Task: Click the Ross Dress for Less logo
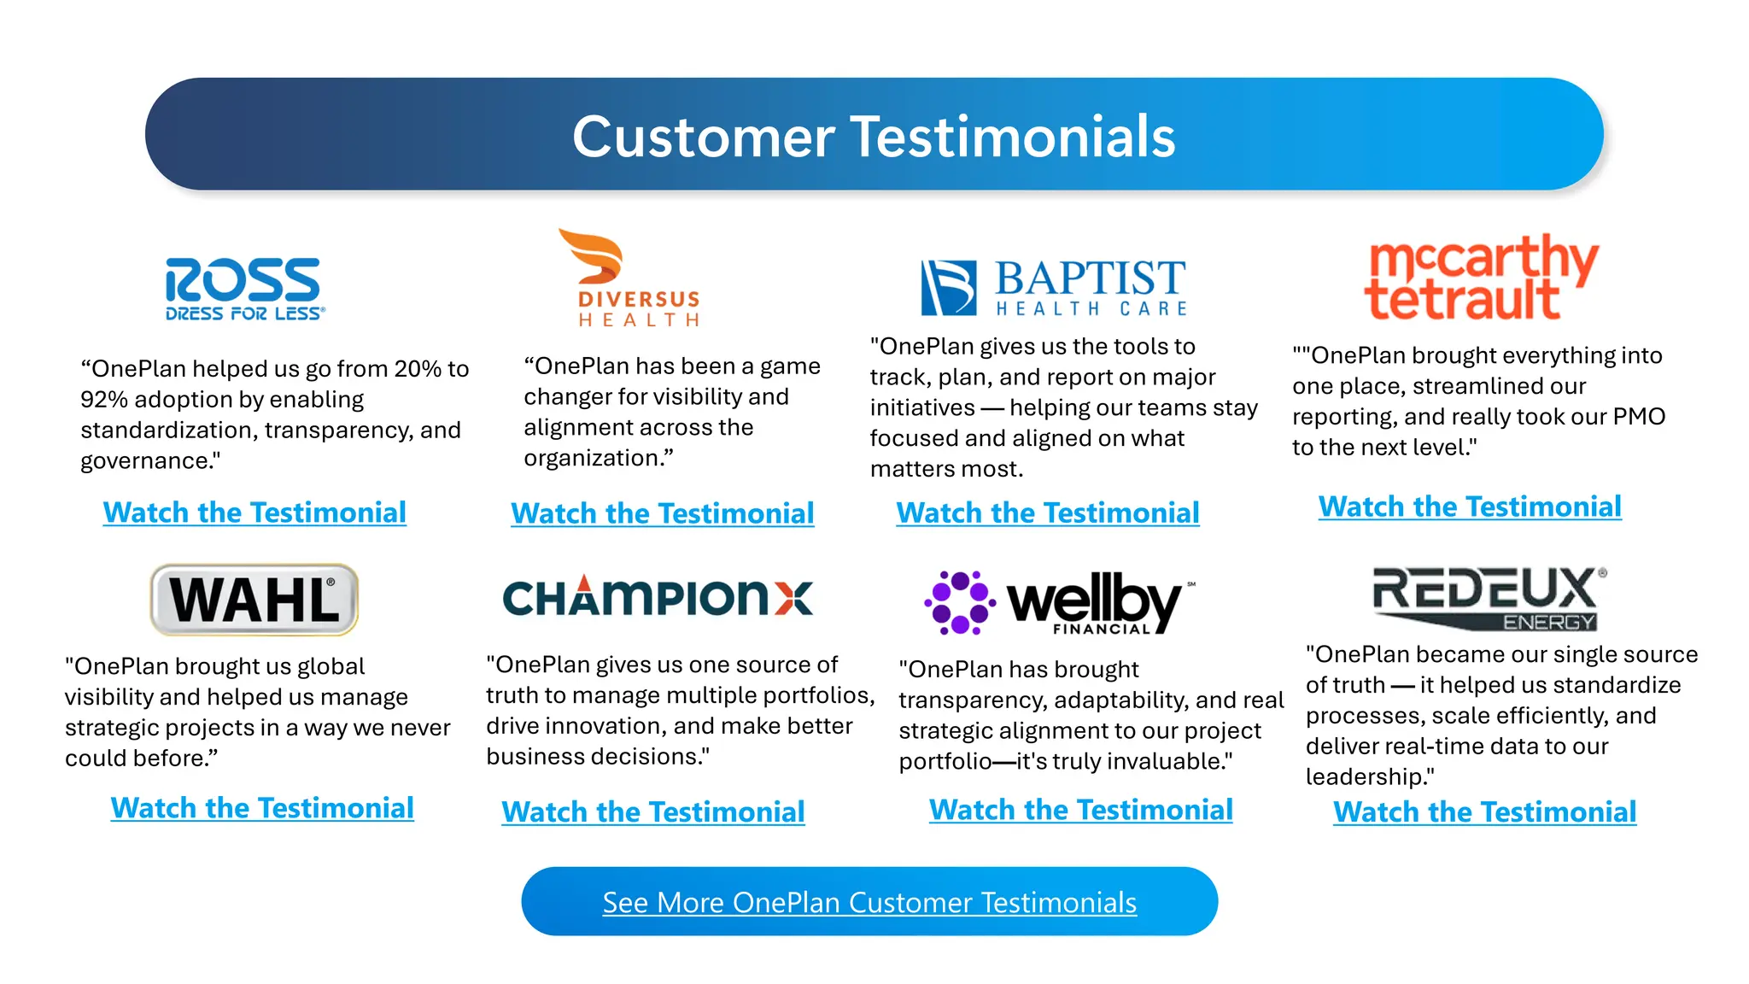point(245,289)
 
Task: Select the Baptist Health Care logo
point(1054,288)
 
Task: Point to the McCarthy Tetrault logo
point(1480,278)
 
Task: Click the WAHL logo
point(254,600)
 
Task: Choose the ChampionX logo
point(658,596)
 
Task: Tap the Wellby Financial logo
point(1059,603)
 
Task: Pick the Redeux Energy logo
point(1488,599)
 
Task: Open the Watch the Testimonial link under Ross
point(254,512)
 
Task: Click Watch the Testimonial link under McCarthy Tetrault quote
point(1470,507)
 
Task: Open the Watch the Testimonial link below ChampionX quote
point(653,811)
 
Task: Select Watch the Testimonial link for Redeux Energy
point(1485,811)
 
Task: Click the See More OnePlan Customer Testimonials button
point(869,902)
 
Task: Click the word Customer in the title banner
point(703,137)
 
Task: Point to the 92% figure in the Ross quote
point(103,400)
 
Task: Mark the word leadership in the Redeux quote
point(1366,776)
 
